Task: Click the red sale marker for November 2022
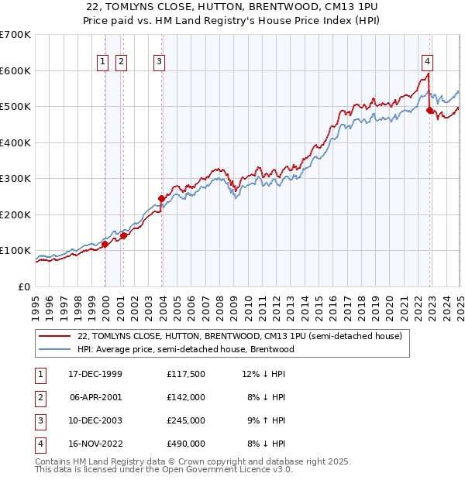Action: [x=429, y=111]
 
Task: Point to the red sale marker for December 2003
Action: [x=161, y=198]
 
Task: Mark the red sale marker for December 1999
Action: [x=105, y=244]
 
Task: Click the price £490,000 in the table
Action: [x=185, y=444]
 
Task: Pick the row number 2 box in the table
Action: [x=40, y=397]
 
